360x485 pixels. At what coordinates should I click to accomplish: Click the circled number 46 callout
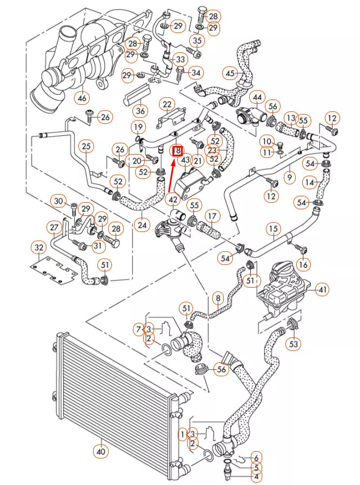[82, 98]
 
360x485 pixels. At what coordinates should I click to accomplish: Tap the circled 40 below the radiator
[101, 450]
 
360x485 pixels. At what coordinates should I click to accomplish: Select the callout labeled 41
[323, 290]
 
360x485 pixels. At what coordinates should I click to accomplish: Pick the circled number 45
[231, 73]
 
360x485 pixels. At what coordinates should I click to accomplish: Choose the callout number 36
[141, 111]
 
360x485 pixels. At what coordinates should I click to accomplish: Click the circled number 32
[38, 248]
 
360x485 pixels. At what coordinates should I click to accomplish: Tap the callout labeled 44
[258, 98]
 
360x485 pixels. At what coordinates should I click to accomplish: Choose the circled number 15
[273, 229]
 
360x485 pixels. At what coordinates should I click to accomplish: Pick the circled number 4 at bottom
[256, 476]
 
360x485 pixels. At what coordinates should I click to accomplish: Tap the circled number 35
[197, 41]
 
